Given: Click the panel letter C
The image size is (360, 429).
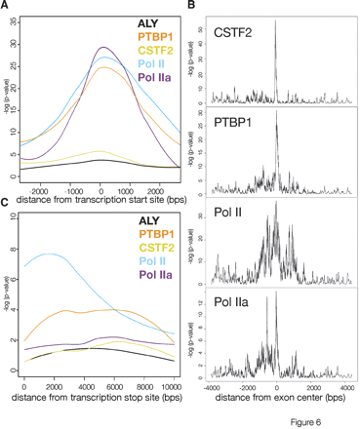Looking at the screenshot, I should click(x=5, y=203).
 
